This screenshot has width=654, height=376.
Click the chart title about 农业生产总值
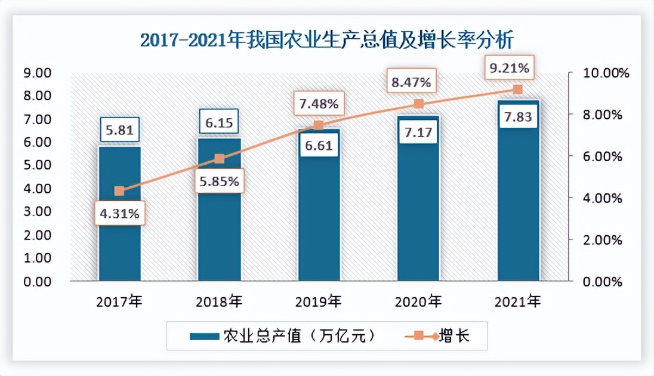[326, 40]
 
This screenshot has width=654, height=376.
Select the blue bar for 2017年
[119, 239]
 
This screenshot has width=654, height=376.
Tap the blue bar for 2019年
[319, 227]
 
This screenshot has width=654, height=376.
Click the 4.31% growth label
[120, 214]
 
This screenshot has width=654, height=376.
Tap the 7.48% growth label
[319, 104]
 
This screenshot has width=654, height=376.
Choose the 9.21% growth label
[509, 67]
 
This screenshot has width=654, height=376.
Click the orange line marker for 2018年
[219, 159]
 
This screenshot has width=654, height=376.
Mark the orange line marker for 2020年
[418, 104]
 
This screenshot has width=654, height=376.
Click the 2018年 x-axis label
[219, 301]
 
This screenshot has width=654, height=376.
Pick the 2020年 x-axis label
[418, 301]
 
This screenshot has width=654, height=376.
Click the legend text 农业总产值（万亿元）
[299, 336]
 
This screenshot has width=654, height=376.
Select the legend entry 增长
[454, 336]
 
